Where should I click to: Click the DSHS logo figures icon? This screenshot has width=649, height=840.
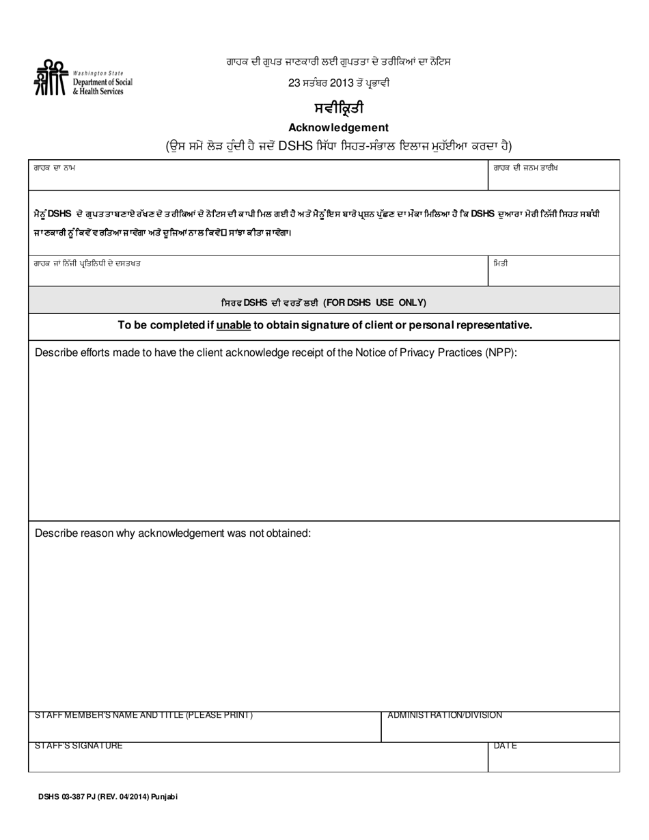pyautogui.click(x=51, y=76)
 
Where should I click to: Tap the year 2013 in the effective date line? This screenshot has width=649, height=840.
pyautogui.click(x=340, y=83)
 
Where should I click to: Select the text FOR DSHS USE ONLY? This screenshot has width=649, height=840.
pyautogui.click(x=375, y=302)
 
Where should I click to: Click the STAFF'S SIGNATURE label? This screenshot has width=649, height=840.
pyautogui.click(x=79, y=746)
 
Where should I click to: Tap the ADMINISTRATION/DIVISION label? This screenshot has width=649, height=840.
pyautogui.click(x=445, y=715)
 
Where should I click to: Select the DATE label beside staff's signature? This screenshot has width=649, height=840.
pyautogui.click(x=505, y=746)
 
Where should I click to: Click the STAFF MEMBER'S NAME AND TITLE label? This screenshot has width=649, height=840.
pyautogui.click(x=143, y=715)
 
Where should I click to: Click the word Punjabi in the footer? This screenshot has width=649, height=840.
pyautogui.click(x=163, y=797)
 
